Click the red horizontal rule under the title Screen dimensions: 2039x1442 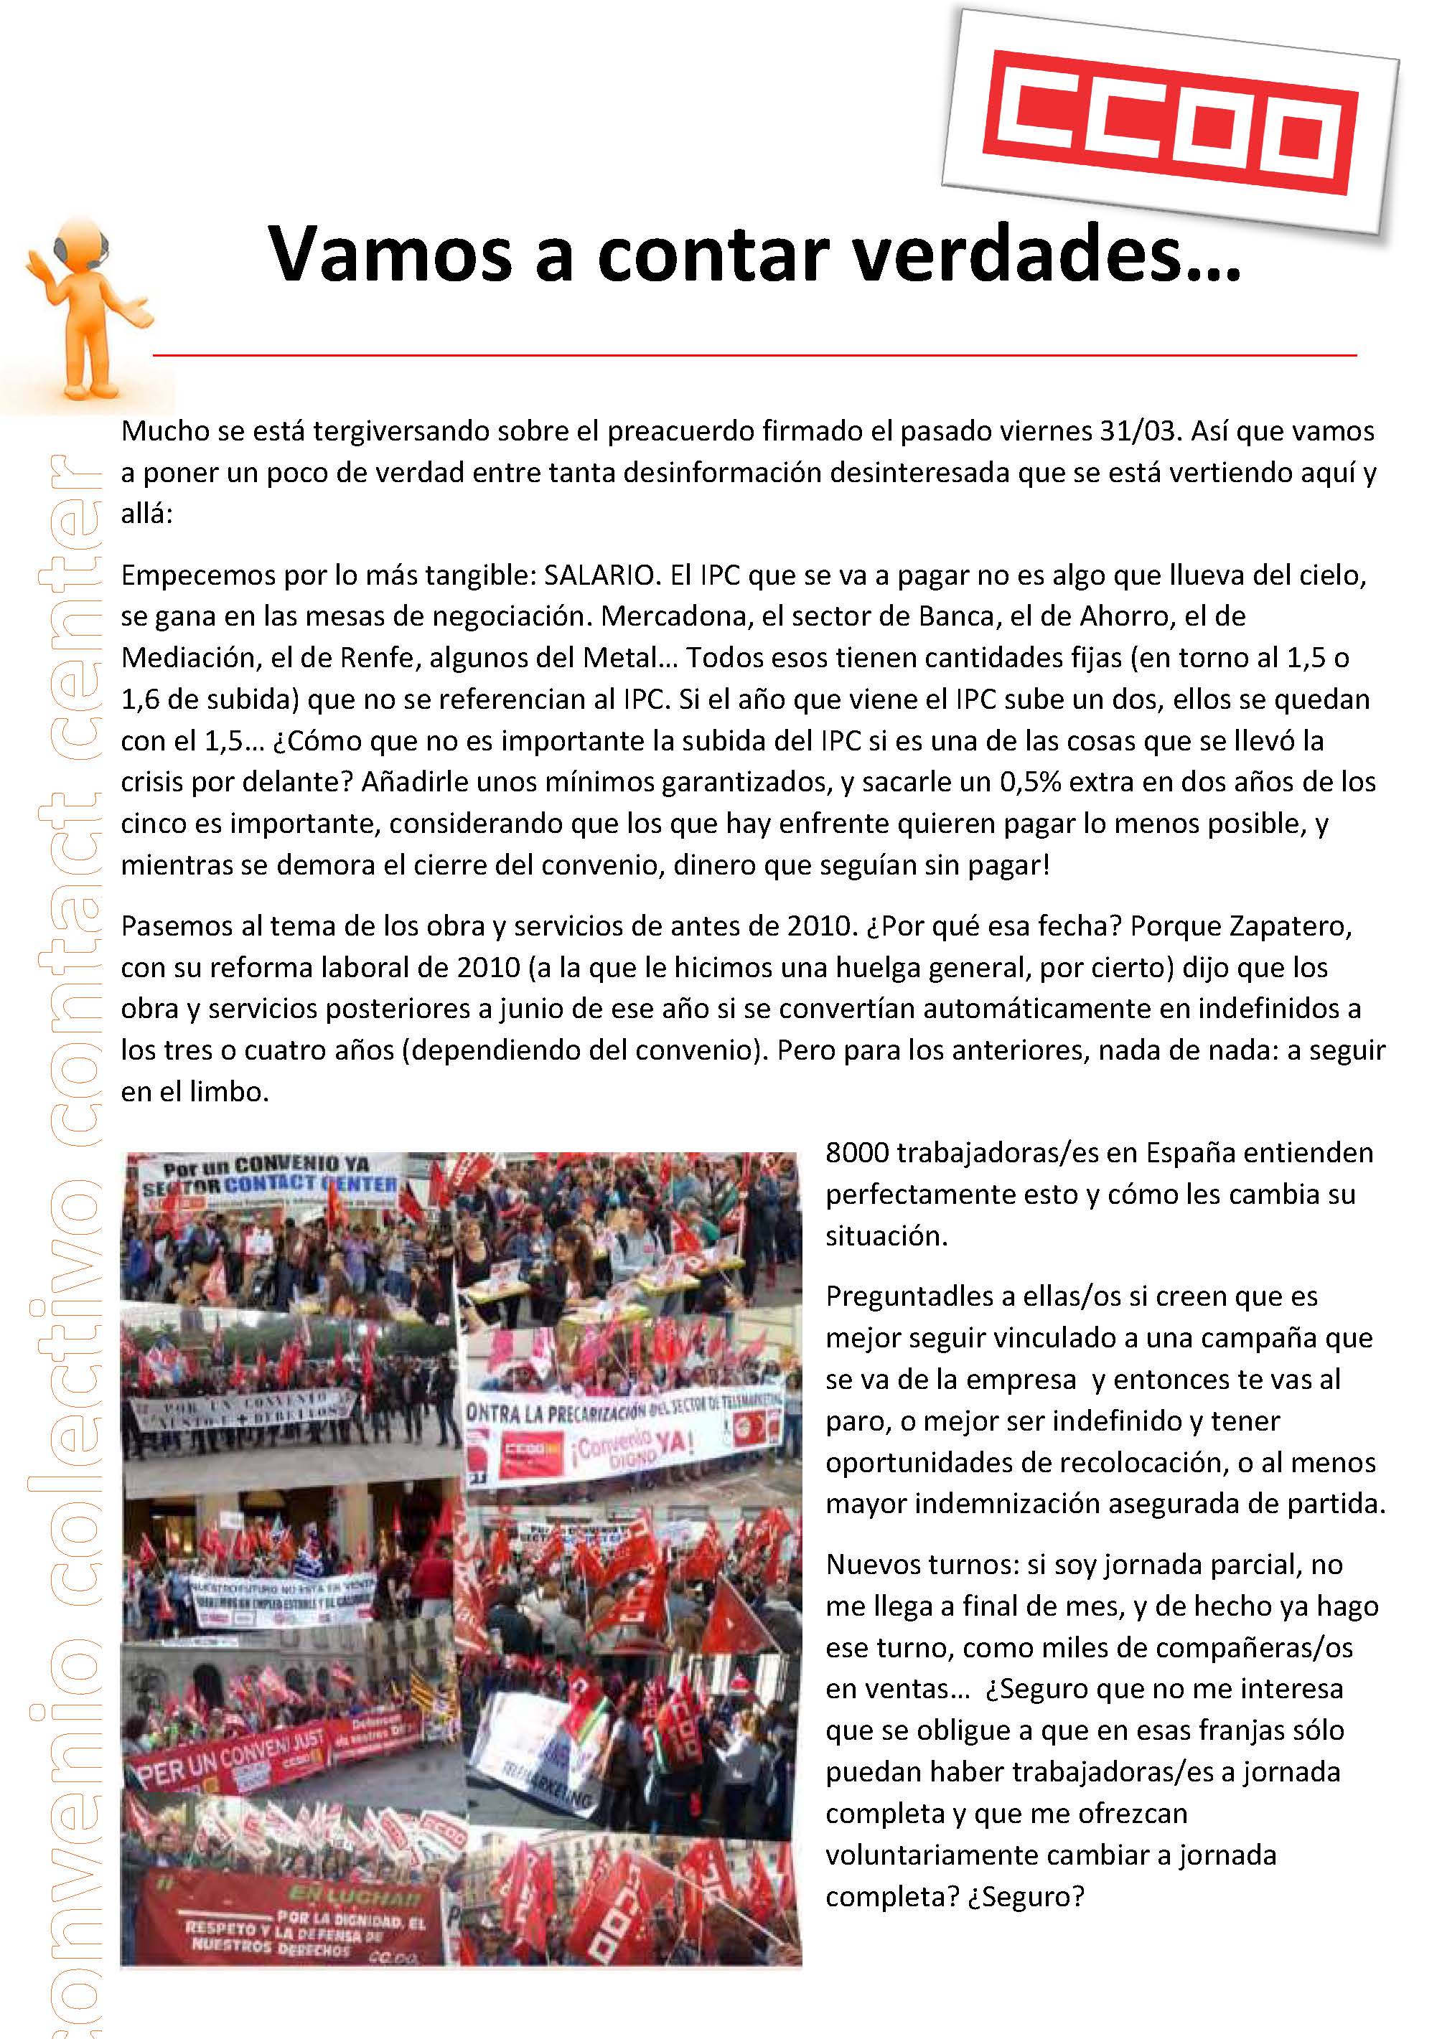(x=755, y=355)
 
